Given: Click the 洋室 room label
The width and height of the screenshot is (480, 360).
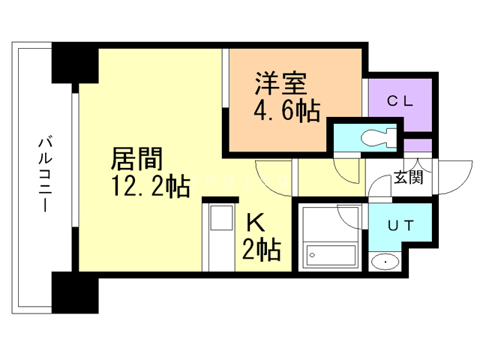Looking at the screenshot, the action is coord(280,83).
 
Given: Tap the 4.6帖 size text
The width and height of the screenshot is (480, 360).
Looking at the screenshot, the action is coord(286,111).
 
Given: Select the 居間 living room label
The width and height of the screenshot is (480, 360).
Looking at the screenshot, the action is coord(136,159).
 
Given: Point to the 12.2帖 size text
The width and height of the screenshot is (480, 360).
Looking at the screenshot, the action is coord(151,186).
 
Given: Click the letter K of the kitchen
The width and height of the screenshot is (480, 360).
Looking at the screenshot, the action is coord(256,223).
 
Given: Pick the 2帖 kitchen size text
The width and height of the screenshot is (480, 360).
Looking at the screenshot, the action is coord(262,250).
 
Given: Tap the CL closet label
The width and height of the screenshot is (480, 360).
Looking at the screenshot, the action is coord(400,101).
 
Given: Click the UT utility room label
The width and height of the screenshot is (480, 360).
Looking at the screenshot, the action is coord(400,226).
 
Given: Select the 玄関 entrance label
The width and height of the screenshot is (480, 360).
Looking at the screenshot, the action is coord(408,177).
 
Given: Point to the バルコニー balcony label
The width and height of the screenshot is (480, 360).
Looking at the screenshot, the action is coord(45,175).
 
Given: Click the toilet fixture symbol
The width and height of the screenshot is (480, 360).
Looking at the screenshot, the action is coord(379,137).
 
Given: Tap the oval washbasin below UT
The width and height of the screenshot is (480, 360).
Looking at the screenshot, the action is coord(385,262).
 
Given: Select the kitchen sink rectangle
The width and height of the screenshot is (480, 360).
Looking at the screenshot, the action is coord(221,217).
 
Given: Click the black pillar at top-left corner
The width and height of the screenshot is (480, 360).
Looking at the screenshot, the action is coord(75,63).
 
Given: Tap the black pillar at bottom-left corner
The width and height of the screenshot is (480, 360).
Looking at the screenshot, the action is coord(75,292).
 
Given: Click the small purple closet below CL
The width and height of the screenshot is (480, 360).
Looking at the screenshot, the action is coord(418,145).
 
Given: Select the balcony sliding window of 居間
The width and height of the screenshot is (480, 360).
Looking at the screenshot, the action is coord(75,160).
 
